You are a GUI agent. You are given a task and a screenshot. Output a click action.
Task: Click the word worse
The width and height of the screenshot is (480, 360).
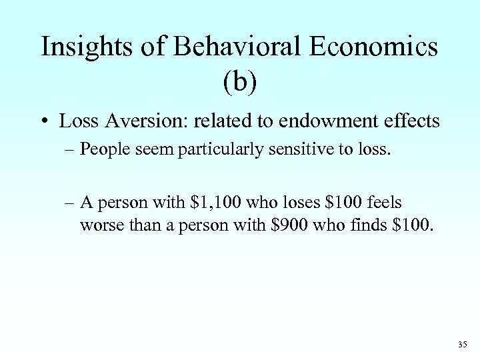coord(101,225)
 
